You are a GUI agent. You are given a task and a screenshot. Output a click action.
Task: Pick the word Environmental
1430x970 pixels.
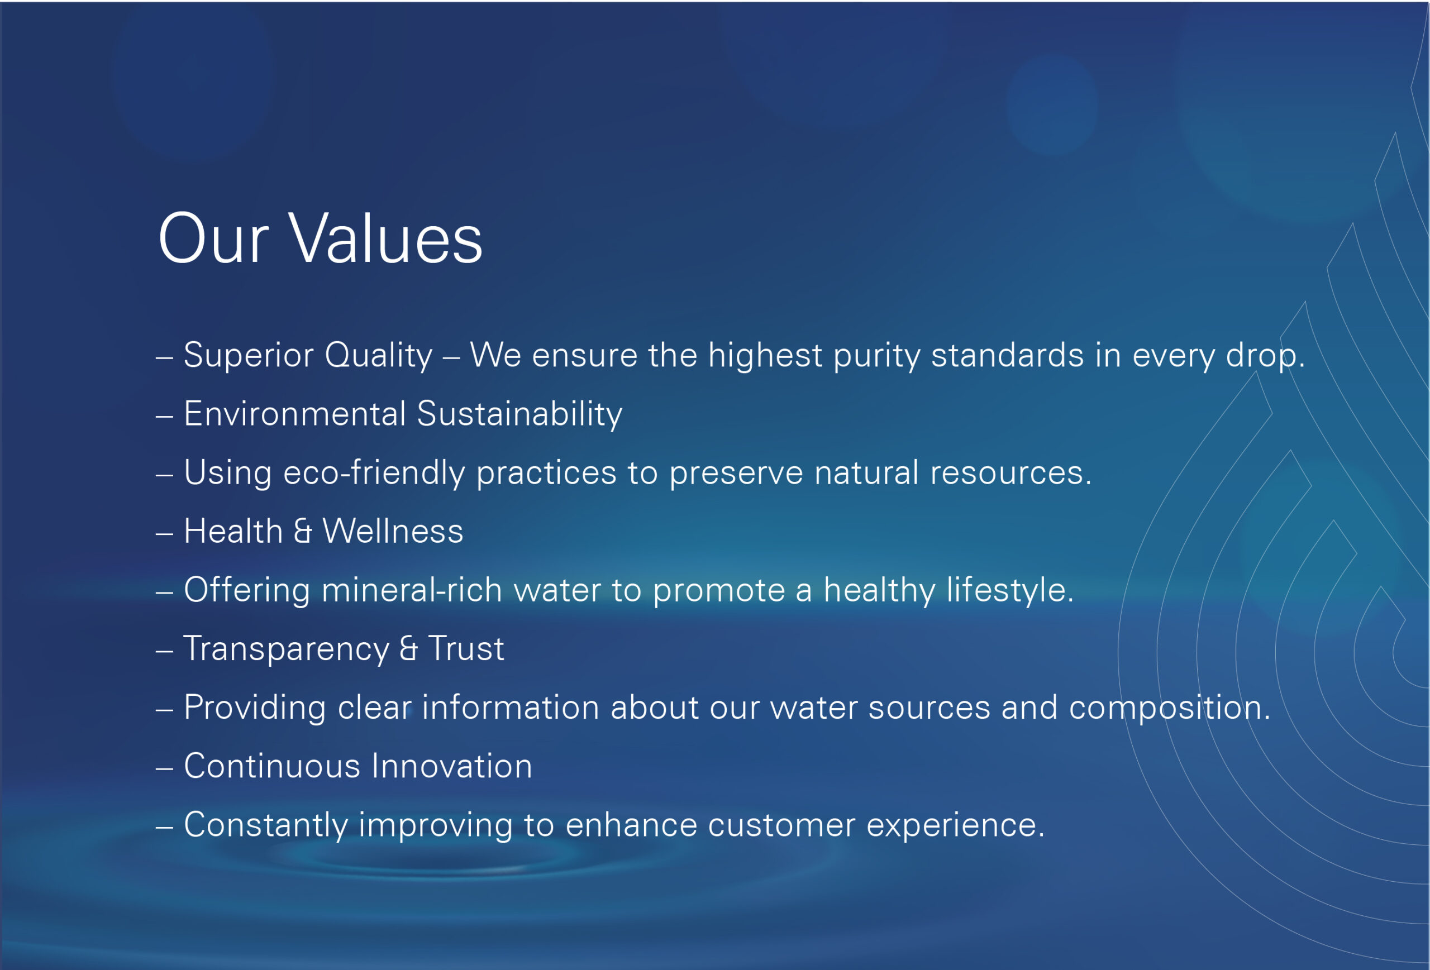(x=295, y=413)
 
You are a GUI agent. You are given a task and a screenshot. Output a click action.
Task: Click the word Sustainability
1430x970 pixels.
(x=520, y=414)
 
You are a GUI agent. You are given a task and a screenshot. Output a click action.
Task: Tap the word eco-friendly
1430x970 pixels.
(x=374, y=474)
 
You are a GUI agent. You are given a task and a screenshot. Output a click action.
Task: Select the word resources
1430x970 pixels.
(x=1011, y=474)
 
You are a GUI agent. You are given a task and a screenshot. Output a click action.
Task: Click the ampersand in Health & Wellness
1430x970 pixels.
(x=303, y=531)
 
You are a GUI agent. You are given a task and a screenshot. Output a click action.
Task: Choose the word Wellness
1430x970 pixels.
(x=393, y=531)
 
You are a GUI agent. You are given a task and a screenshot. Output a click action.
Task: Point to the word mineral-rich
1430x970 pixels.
(x=412, y=590)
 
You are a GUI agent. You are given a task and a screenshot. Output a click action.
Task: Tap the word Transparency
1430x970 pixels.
(x=287, y=649)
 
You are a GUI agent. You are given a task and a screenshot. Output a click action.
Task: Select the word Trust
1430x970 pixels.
(x=466, y=648)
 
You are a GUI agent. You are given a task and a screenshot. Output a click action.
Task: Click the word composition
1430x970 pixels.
(x=1170, y=708)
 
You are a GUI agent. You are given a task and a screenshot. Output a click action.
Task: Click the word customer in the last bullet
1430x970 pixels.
(x=781, y=825)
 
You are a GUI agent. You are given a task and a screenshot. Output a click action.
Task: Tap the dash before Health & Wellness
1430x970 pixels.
(x=164, y=533)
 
